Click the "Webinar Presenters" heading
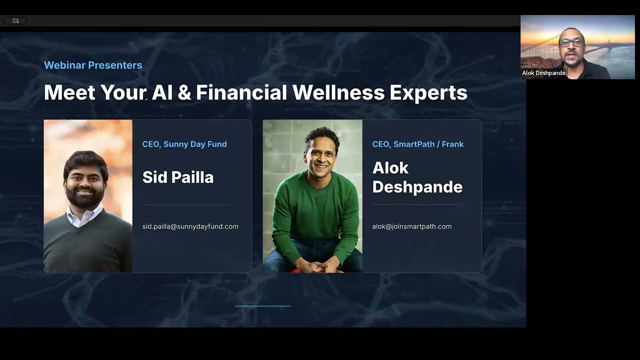[93, 65]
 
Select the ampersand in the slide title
[184, 93]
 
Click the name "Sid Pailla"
[177, 177]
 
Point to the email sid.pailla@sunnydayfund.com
[190, 226]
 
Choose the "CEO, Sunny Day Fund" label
[184, 144]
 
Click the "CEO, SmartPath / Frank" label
[417, 144]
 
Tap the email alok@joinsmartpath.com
[411, 226]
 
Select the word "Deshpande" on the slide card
[417, 186]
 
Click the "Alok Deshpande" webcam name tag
[543, 73]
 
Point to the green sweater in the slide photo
[315, 210]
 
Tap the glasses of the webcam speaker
[571, 43]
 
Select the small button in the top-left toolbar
[15, 20]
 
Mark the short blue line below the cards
[262, 306]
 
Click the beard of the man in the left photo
[85, 197]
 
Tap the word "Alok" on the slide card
[390, 167]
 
